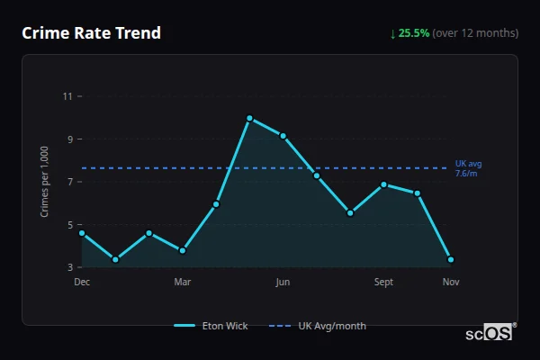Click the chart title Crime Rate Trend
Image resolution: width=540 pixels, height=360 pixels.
coord(91,33)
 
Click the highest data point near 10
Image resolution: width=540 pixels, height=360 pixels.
coord(249,118)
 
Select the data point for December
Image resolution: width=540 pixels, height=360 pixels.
coord(82,233)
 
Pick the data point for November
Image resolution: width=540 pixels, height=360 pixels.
coord(451,259)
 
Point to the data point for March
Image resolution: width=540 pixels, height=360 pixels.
coord(183,250)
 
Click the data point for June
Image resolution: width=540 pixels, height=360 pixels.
coord(283,136)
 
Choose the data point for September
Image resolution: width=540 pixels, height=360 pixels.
coord(383,184)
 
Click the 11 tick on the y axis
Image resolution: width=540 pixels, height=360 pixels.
coord(67,96)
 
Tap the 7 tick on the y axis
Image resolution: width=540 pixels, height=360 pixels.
coord(69,182)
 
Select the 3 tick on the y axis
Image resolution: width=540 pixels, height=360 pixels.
coord(69,267)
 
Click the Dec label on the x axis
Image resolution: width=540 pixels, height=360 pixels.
coord(82,283)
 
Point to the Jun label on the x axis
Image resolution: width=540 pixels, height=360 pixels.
coord(283,283)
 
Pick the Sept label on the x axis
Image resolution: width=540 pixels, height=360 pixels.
coord(383,283)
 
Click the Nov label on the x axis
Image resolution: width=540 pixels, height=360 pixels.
coord(451,283)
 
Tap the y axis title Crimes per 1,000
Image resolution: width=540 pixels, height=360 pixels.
coord(45,182)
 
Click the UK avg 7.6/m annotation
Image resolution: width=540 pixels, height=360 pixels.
coord(468,168)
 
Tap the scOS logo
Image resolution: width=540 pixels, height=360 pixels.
coord(490,333)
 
